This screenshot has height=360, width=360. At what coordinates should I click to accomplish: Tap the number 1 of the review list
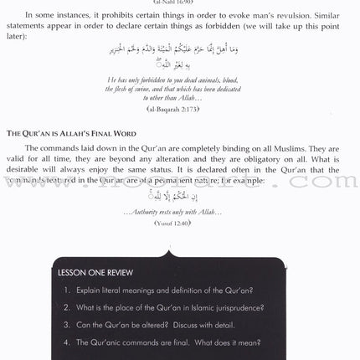point(65,291)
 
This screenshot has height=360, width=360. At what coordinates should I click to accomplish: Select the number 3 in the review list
point(65,327)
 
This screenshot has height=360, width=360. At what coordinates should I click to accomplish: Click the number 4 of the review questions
point(65,344)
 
